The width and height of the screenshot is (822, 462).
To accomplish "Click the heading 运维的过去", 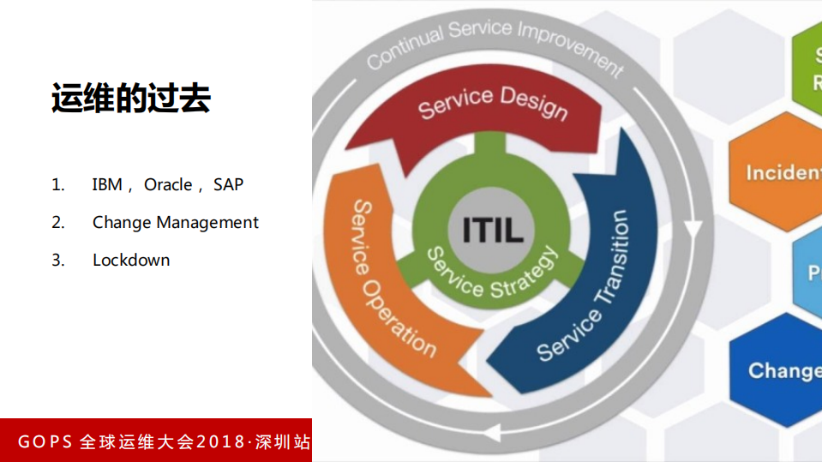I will click(x=130, y=99).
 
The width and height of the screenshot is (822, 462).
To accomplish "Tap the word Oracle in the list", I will click(x=168, y=184).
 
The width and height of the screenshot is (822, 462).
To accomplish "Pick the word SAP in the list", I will click(x=229, y=184).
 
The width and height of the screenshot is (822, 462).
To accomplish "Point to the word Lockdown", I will click(x=131, y=260).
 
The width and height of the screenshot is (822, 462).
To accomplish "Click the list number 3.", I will click(x=57, y=260).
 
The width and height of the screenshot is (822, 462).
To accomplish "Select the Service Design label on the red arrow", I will click(x=492, y=104).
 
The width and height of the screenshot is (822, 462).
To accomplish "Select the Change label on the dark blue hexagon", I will click(x=784, y=370).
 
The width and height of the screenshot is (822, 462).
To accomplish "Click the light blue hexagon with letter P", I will click(x=809, y=273).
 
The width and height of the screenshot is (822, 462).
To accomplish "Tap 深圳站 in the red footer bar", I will click(x=283, y=442).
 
